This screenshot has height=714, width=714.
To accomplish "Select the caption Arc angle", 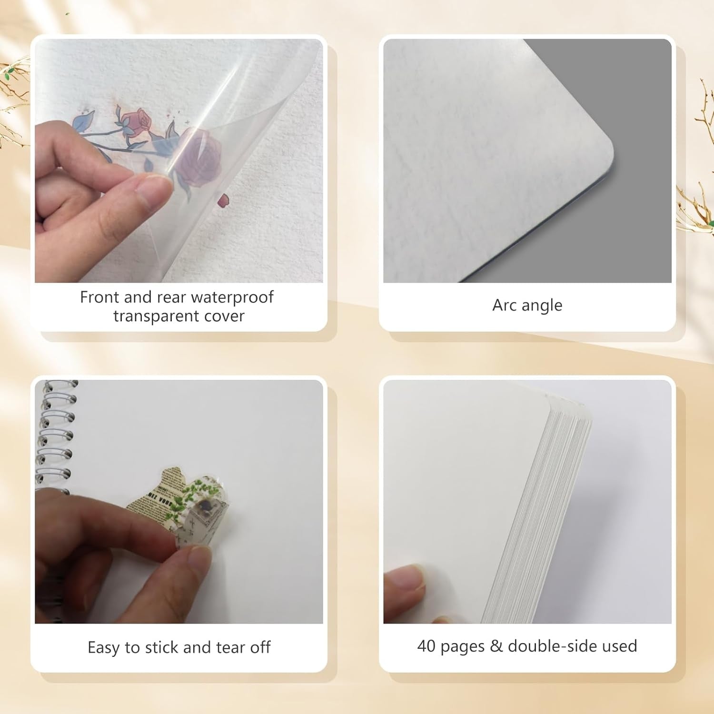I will tap(527, 305).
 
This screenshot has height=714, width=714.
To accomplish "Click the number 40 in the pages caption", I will tap(426, 646).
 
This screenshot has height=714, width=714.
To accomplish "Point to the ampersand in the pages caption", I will tap(496, 646).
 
